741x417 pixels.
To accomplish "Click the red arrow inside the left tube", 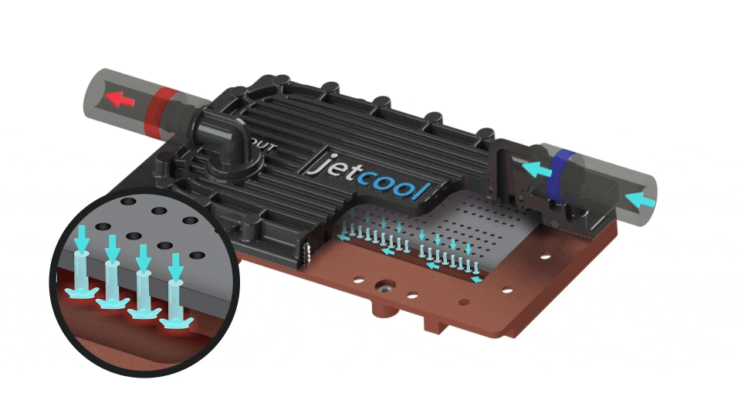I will [x=120, y=99].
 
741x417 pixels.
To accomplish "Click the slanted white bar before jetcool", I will [x=314, y=161].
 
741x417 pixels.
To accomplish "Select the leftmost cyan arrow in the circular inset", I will [x=83, y=239].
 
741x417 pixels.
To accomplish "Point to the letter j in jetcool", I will [x=327, y=164].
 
